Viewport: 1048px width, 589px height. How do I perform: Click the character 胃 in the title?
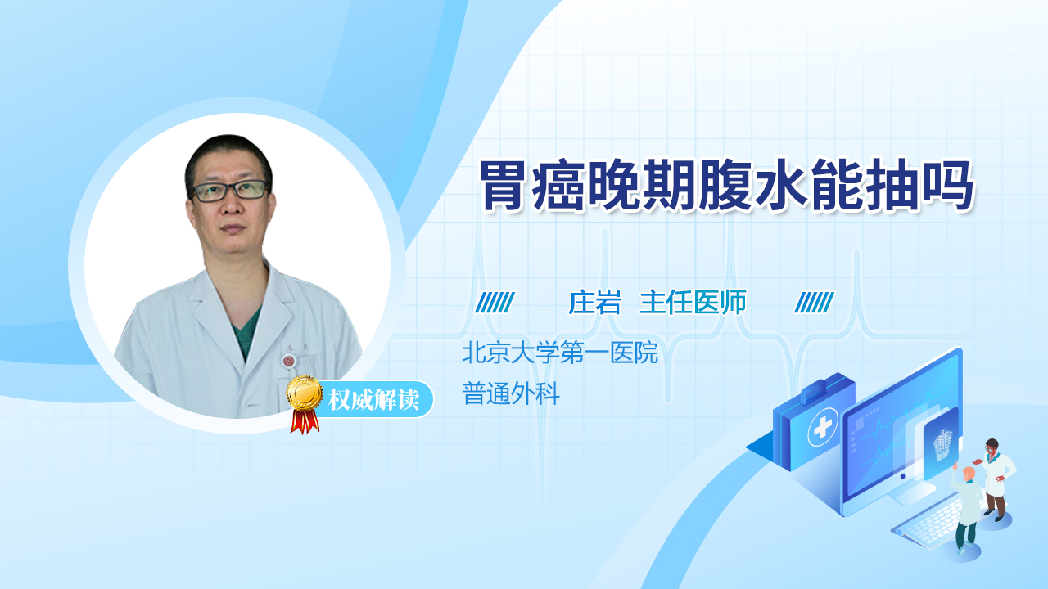pyautogui.click(x=504, y=185)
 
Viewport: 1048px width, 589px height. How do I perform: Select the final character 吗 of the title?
pyautogui.click(x=950, y=185)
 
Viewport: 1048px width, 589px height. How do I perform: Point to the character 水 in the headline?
pyautogui.click(x=782, y=185)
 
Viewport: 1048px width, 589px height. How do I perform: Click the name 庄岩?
pyautogui.click(x=594, y=303)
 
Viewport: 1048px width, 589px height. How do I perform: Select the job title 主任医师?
pyautogui.click(x=693, y=303)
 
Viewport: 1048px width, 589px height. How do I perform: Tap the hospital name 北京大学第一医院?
pyautogui.click(x=560, y=353)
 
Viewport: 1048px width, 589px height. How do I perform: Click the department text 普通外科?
pyautogui.click(x=511, y=393)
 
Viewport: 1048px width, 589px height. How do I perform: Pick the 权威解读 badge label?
pyautogui.click(x=373, y=400)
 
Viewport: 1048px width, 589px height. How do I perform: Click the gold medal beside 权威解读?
pyautogui.click(x=305, y=393)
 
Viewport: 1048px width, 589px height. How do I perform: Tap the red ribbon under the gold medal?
pyautogui.click(x=305, y=422)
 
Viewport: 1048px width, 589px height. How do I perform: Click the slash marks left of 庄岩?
pyautogui.click(x=495, y=303)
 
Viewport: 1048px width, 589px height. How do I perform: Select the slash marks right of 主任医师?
pyautogui.click(x=814, y=303)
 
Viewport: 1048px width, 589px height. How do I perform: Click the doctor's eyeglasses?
pyautogui.click(x=230, y=191)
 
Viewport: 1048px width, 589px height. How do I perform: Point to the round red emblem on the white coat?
pyautogui.click(x=288, y=361)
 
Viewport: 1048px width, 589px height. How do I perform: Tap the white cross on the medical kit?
pyautogui.click(x=822, y=427)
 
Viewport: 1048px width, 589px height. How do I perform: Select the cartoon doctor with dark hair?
pyautogui.click(x=996, y=479)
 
